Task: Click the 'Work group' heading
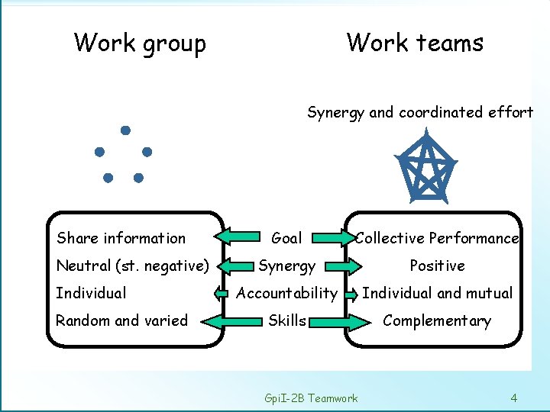click(140, 43)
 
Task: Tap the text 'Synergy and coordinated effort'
click(420, 113)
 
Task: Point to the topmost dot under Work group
click(125, 130)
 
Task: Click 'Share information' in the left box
click(121, 238)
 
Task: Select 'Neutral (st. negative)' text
click(132, 266)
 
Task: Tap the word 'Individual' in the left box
click(91, 293)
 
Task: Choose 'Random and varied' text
click(121, 320)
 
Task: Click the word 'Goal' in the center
click(286, 238)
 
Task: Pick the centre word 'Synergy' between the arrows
click(286, 266)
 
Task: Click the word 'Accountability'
click(286, 293)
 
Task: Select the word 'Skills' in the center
click(286, 320)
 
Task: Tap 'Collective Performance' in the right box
click(437, 238)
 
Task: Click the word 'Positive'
click(437, 266)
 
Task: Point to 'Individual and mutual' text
click(437, 293)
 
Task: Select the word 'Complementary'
click(437, 320)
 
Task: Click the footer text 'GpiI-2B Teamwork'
click(310, 398)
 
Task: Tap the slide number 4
click(514, 398)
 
